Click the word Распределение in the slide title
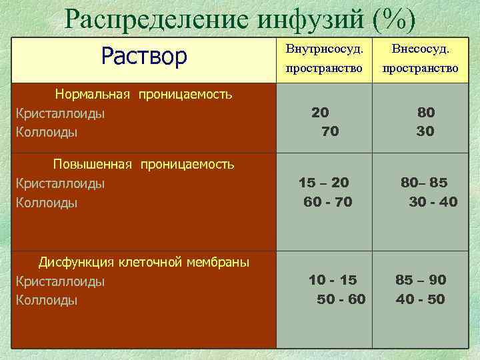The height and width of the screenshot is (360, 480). [x=157, y=20]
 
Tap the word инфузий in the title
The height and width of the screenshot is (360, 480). [x=308, y=20]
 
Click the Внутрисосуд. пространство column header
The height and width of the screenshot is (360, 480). [x=324, y=59]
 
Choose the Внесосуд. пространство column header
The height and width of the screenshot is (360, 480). [x=420, y=59]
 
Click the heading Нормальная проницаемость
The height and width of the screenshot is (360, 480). [x=143, y=94]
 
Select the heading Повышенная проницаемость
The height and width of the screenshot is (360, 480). [x=143, y=164]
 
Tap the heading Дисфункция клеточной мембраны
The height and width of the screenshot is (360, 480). [x=143, y=262]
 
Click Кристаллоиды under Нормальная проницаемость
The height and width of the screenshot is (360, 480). [x=60, y=113]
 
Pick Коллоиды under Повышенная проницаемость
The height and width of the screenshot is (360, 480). [x=47, y=202]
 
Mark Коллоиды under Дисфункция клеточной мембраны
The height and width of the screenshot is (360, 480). [x=47, y=300]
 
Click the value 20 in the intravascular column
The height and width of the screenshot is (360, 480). [x=320, y=113]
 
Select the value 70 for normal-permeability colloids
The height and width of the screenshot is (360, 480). [x=329, y=132]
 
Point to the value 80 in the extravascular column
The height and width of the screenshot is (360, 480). [x=425, y=113]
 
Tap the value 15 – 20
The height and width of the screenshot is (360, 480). [x=324, y=182]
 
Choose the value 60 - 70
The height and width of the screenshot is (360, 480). [x=327, y=201]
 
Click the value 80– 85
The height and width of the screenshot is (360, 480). [x=424, y=182]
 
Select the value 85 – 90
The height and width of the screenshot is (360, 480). [x=421, y=279]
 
